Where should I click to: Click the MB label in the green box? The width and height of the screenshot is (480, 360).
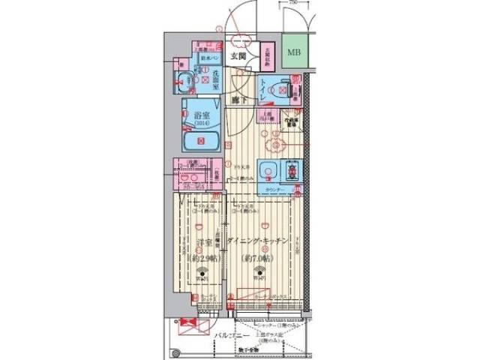[292, 52]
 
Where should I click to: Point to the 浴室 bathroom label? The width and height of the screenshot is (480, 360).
[199, 117]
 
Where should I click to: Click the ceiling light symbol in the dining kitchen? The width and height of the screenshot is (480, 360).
[259, 274]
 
